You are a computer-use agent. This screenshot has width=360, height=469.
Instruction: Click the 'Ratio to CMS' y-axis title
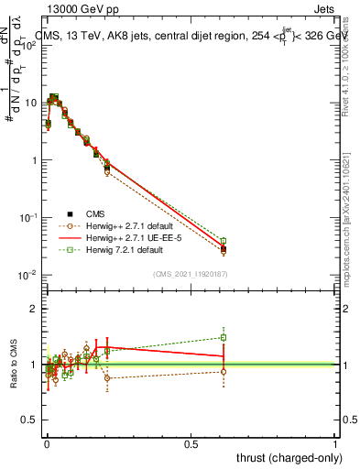click(13, 364)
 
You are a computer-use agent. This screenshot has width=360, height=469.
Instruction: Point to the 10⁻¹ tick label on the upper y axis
click(27, 217)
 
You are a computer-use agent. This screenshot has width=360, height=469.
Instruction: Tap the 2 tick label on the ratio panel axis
click(33, 310)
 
